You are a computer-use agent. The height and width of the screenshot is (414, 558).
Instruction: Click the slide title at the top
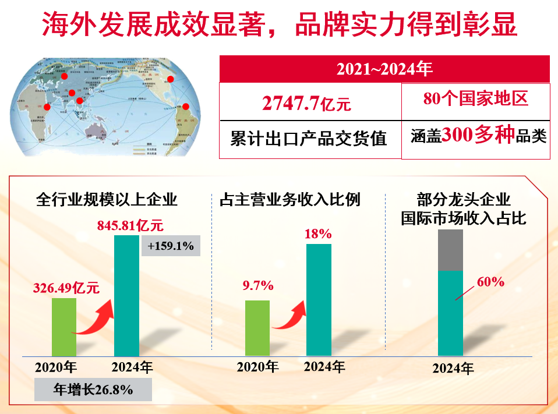(x=279, y=26)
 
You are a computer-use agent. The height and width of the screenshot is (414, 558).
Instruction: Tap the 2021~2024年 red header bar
(x=384, y=69)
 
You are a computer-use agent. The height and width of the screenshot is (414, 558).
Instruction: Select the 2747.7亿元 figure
(x=306, y=104)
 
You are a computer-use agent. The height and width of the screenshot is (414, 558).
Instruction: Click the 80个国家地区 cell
(x=475, y=99)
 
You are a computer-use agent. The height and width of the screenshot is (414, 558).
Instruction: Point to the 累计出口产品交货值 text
(x=309, y=139)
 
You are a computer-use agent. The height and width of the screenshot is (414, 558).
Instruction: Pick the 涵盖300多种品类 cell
(x=475, y=136)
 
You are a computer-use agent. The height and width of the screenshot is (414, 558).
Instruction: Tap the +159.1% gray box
(x=171, y=246)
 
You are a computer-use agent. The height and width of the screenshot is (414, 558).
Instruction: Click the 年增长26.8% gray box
(x=93, y=390)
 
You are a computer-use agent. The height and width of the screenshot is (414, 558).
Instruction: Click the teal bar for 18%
(x=319, y=300)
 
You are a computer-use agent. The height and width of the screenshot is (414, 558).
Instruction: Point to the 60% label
(x=490, y=282)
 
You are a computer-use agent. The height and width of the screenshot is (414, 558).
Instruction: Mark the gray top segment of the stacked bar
(x=450, y=250)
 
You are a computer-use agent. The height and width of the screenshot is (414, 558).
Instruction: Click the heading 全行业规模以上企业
(x=107, y=200)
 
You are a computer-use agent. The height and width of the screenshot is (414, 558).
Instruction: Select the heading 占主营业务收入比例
(x=289, y=200)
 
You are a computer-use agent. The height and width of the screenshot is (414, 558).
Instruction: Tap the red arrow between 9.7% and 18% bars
(x=288, y=318)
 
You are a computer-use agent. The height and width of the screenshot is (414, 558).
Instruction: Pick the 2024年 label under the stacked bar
(x=453, y=369)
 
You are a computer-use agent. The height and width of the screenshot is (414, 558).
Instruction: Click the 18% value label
(x=318, y=234)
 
